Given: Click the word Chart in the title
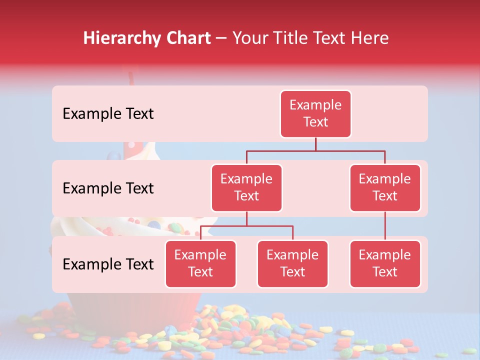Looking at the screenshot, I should coord(189,38).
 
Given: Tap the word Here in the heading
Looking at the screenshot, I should coord(369,38).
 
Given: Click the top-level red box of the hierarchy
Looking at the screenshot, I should coord(315,114).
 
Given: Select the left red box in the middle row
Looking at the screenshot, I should coord(246,188).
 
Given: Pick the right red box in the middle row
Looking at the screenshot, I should coord(385,188).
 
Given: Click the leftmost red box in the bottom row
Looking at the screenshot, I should coord(200,264).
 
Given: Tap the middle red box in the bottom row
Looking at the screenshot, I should coord(292,264).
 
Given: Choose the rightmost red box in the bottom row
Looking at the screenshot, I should coord(385,264).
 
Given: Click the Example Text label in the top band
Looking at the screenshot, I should coord(108,114).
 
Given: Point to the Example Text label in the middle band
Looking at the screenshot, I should coord(108,188).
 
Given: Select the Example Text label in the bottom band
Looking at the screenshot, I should coord(108,264).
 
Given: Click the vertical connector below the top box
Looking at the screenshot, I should coord(315,144).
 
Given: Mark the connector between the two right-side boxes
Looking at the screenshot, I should coord(385,226).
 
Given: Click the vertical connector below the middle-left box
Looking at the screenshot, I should coord(246,218).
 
